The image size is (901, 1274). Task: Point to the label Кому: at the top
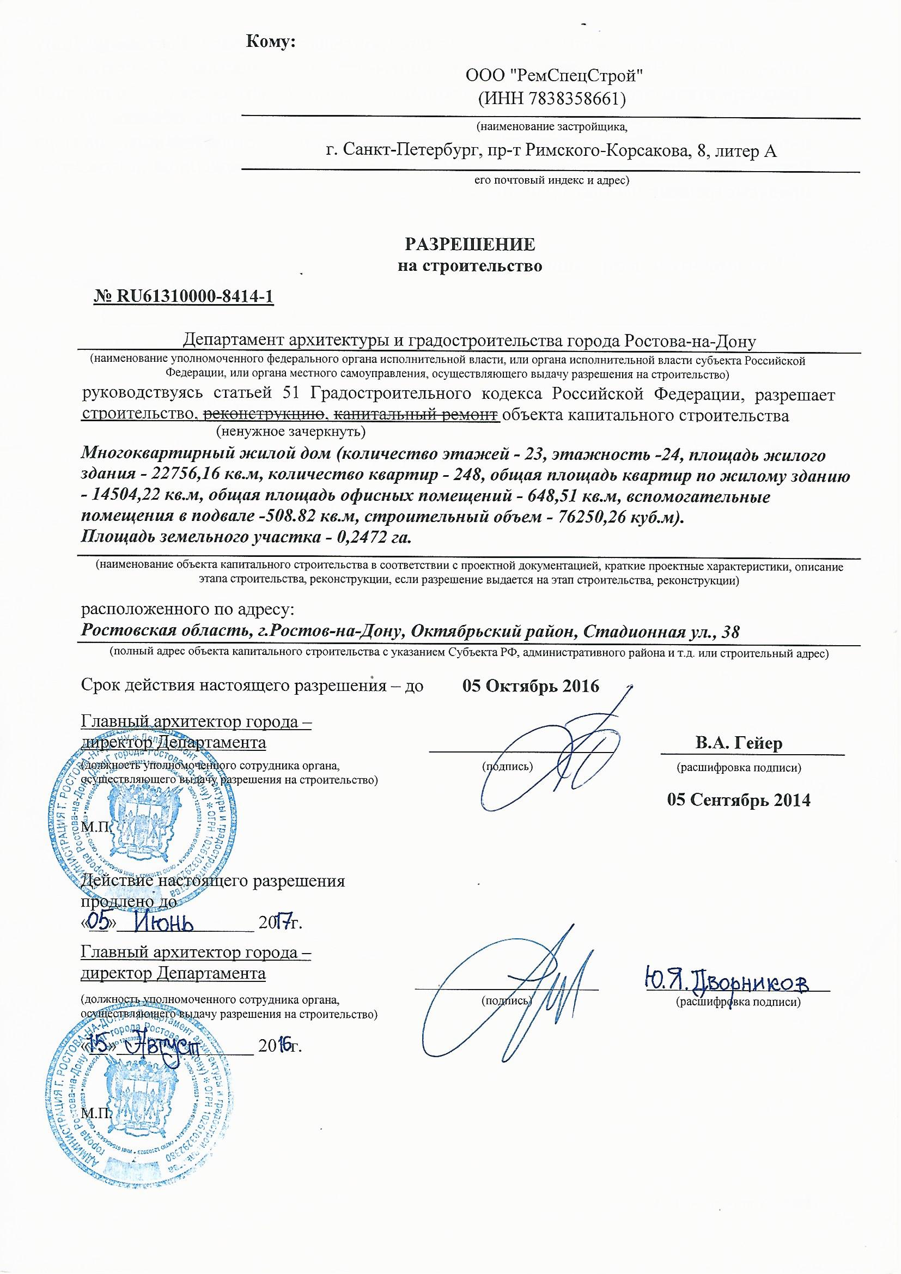pos(270,41)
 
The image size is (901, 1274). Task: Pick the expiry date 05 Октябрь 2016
pos(531,687)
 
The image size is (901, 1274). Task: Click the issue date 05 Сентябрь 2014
pos(739,799)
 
